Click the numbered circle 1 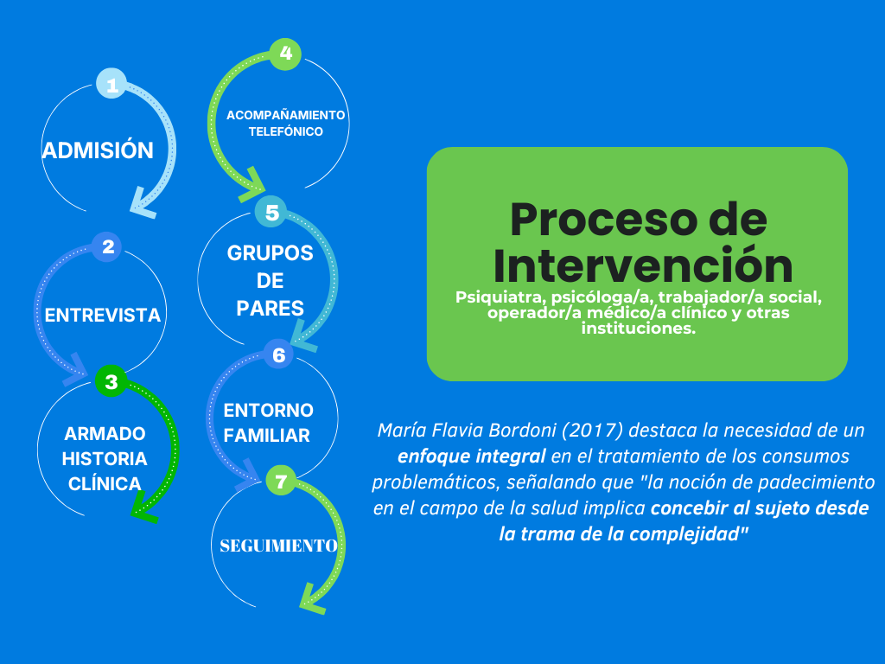coord(111,85)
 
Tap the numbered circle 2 coord(108,247)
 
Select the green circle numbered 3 coord(111,380)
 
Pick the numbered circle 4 coord(286,54)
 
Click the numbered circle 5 coord(272,213)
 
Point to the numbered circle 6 coord(278,354)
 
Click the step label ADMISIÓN coord(98,150)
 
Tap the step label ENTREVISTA coord(103,315)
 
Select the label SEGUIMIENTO coord(278,546)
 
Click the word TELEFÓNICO coord(285,132)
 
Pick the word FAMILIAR coord(266,436)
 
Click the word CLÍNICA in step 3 coord(105,484)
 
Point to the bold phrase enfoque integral coord(471,456)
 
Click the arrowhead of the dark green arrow coord(143,514)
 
